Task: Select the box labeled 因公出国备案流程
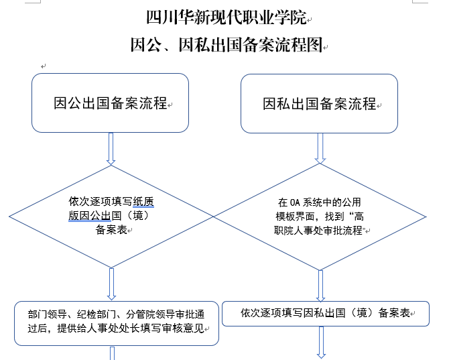click(x=111, y=104)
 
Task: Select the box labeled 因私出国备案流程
click(x=320, y=104)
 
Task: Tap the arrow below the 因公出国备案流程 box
click(x=111, y=148)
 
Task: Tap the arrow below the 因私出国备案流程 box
click(x=321, y=147)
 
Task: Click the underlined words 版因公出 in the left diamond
click(x=89, y=216)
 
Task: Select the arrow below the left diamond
click(x=111, y=285)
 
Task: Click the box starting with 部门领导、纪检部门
click(x=117, y=323)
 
